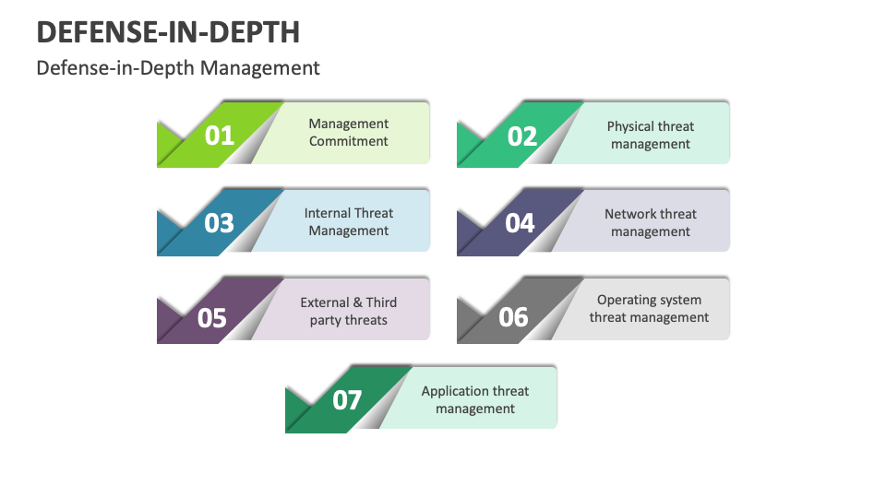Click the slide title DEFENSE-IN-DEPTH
tap(168, 32)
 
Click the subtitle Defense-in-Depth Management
tap(178, 67)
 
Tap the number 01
tap(220, 136)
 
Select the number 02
tap(522, 137)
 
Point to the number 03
tap(220, 223)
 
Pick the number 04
tap(520, 223)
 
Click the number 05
tap(212, 318)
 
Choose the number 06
tap(513, 318)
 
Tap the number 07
tap(347, 400)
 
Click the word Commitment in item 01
tap(349, 142)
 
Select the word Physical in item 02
tap(631, 126)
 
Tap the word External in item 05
tap(325, 302)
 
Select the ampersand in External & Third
tap(357, 302)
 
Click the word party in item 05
tap(324, 321)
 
